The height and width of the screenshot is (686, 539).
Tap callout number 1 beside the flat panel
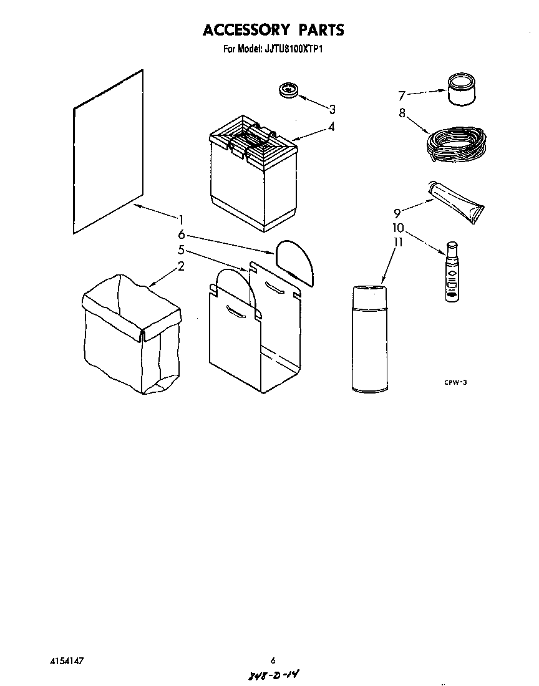pyautogui.click(x=181, y=219)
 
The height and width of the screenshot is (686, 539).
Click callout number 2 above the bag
pyautogui.click(x=181, y=266)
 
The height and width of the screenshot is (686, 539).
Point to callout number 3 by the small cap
pyautogui.click(x=333, y=110)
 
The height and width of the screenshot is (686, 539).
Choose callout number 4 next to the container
pyautogui.click(x=331, y=127)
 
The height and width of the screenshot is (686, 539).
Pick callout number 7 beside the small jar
pyautogui.click(x=402, y=95)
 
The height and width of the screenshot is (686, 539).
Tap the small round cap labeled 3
pyautogui.click(x=288, y=89)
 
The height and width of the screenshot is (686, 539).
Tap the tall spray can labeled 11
pyautogui.click(x=371, y=339)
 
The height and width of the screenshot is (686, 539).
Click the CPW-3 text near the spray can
pyautogui.click(x=455, y=382)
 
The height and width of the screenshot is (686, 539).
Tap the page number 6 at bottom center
pyautogui.click(x=273, y=660)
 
